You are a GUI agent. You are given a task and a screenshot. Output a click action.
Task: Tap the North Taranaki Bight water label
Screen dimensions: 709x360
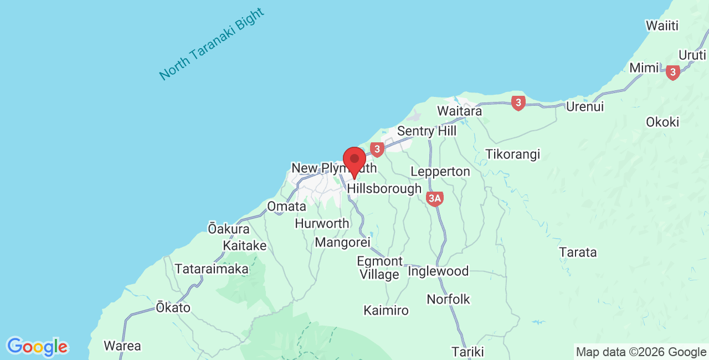click(211, 44)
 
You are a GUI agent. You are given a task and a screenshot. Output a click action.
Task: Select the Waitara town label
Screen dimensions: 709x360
click(459, 111)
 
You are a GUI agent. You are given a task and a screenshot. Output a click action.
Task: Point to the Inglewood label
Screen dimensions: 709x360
click(438, 271)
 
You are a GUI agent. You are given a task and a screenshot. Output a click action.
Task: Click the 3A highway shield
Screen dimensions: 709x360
click(435, 199)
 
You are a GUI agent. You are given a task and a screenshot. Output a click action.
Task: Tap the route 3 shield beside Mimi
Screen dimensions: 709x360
click(673, 72)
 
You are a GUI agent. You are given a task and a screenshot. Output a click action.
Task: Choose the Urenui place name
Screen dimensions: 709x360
click(585, 106)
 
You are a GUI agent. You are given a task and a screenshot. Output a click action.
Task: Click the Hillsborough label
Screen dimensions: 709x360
click(384, 189)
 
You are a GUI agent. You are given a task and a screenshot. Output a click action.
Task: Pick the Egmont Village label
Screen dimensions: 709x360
click(379, 268)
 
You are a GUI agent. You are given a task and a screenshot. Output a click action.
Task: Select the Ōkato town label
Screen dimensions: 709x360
click(173, 307)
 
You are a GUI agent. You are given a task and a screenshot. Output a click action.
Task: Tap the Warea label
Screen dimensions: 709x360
click(122, 346)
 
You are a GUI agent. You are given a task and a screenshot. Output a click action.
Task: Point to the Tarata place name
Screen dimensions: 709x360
click(578, 253)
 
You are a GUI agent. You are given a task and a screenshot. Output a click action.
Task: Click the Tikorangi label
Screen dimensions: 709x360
click(512, 154)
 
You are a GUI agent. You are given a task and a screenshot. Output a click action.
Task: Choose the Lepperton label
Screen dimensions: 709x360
click(440, 172)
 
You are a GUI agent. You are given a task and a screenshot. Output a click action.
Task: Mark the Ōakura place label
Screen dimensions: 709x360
click(229, 228)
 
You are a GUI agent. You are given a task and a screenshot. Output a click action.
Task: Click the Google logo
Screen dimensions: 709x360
click(37, 347)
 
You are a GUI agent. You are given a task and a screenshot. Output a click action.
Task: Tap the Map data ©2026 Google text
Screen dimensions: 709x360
click(641, 352)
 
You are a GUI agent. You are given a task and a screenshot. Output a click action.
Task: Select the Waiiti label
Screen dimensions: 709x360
click(662, 25)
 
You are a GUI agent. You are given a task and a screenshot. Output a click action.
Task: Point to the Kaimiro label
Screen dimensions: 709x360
click(386, 310)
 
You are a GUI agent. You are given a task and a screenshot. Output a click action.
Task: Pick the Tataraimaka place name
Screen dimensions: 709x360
click(212, 269)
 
